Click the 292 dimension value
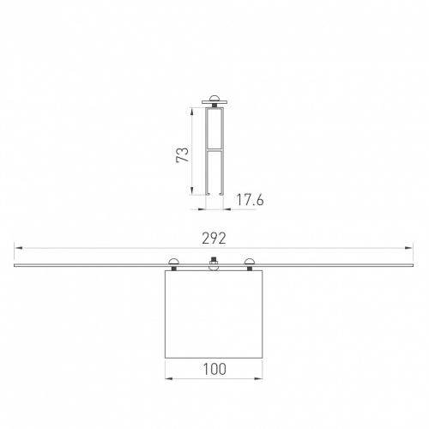pyautogui.click(x=214, y=239)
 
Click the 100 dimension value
pyautogui.click(x=214, y=369)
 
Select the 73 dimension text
pyautogui.click(x=183, y=154)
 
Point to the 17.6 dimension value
pyautogui.click(x=250, y=200)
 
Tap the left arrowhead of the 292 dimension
pyautogui.click(x=19, y=248)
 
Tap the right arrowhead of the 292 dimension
pyautogui.click(x=409, y=248)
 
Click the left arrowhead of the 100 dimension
pyautogui.click(x=169, y=378)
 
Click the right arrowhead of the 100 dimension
pyautogui.click(x=258, y=378)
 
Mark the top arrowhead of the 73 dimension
pyautogui.click(x=192, y=112)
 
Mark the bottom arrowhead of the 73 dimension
pyautogui.click(x=192, y=190)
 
